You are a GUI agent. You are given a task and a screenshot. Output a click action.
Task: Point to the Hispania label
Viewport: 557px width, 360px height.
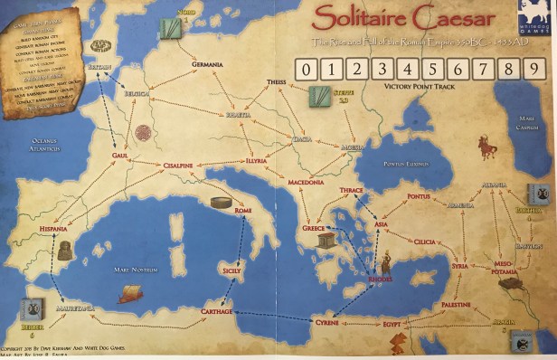(53, 230)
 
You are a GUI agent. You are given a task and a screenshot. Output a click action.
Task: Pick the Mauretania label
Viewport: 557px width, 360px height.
(78, 308)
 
